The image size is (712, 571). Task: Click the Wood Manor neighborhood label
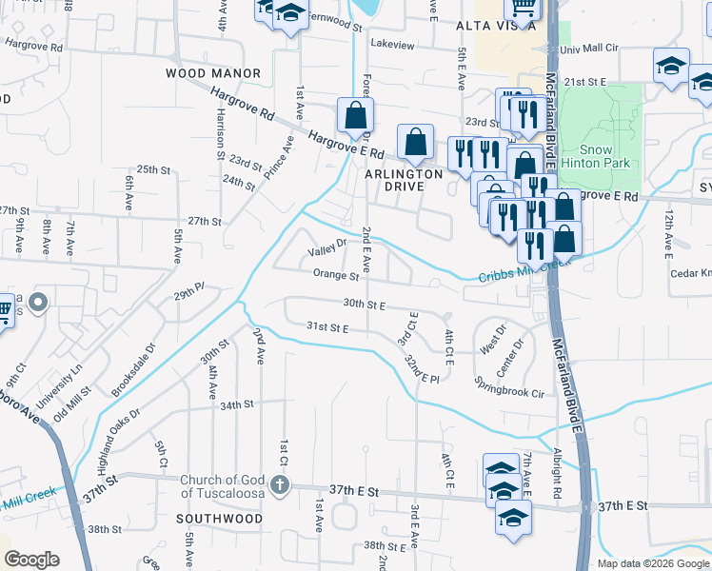coord(213,73)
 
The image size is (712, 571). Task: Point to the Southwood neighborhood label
coord(219,519)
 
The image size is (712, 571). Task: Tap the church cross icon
coord(280,485)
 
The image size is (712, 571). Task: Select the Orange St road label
coord(335,275)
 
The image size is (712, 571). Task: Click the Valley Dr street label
coord(326,253)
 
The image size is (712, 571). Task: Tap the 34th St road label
coord(237,404)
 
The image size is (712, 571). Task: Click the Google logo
coord(31,560)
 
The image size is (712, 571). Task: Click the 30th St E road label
coord(364,305)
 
